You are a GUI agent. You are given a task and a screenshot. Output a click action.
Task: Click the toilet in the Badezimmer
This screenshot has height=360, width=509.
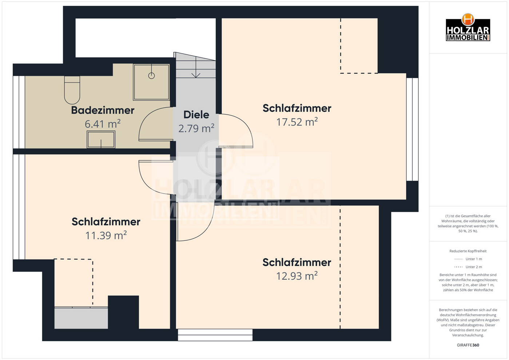[72, 90]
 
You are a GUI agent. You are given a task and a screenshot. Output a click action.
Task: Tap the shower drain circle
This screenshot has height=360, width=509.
[151, 76]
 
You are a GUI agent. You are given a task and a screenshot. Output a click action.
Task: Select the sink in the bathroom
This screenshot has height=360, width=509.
[101, 140]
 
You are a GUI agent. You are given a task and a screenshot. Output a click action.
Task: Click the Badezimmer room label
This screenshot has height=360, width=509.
[103, 110]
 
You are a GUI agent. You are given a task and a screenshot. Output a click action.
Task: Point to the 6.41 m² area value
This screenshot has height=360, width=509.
[103, 124]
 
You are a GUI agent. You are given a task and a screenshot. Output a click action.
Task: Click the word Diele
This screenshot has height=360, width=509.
[196, 115]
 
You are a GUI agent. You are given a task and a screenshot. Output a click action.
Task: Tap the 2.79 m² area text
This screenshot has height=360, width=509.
[196, 128]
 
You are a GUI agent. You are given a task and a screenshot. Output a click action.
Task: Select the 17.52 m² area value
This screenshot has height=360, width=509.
[297, 122]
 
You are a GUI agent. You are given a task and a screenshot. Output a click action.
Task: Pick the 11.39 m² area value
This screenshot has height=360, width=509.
[106, 235]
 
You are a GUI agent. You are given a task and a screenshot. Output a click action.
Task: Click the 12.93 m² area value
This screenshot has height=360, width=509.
[297, 276]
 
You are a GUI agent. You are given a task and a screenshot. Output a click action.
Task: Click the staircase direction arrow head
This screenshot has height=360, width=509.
[196, 75]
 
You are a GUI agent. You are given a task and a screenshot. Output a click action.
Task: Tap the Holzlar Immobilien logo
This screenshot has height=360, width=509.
[468, 27]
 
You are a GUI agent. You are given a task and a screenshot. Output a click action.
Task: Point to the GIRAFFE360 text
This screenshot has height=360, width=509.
[468, 345]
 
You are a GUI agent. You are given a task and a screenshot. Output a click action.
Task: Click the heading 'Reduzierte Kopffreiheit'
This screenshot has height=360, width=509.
[468, 251]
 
